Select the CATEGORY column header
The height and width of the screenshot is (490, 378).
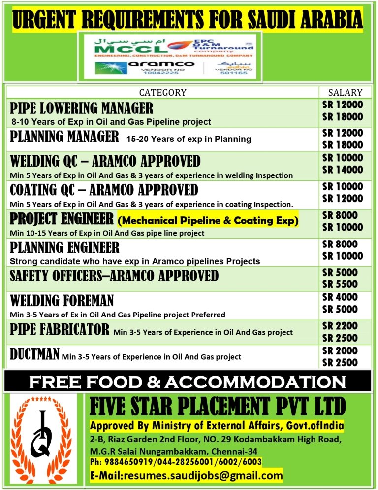[162, 92]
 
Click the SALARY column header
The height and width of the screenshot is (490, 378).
[345, 92]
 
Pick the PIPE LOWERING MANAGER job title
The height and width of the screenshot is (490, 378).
[82, 108]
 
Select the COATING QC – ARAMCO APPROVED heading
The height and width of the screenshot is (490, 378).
[104, 190]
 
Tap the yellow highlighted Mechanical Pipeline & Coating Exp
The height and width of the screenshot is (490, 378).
[208, 221]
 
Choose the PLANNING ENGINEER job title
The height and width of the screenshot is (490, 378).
[64, 247]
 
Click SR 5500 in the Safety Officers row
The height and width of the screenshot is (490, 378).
[343, 284]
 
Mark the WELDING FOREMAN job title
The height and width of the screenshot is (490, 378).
[62, 300]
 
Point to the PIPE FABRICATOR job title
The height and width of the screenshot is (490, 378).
[60, 329]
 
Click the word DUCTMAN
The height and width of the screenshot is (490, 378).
[35, 353]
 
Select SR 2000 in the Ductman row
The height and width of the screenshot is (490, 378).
[343, 351]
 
